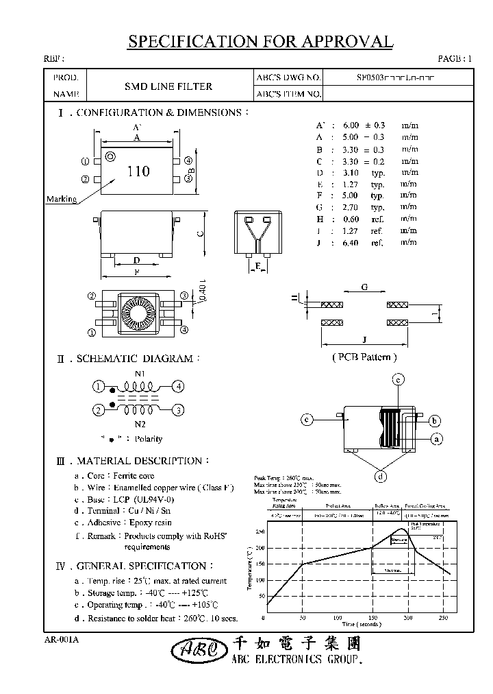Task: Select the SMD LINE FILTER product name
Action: (168, 86)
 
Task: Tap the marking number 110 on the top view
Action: (138, 171)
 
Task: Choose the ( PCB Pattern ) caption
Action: (364, 357)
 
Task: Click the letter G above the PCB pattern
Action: (365, 288)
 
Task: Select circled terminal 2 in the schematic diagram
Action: (99, 409)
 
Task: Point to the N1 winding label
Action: (140, 374)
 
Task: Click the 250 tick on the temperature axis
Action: (260, 532)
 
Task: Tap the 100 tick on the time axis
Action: (337, 618)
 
